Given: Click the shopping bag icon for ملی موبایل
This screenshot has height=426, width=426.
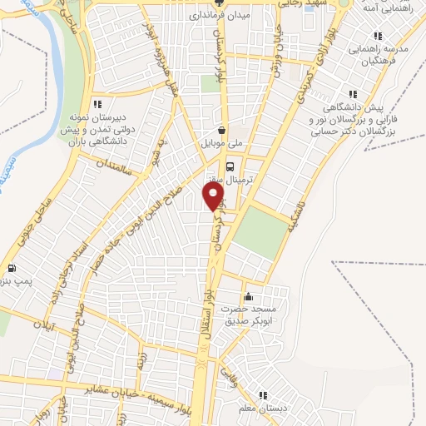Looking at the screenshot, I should click(x=221, y=130).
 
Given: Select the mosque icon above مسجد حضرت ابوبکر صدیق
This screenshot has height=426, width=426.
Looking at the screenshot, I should click(x=247, y=297).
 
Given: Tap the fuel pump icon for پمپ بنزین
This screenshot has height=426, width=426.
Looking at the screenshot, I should click(x=12, y=269).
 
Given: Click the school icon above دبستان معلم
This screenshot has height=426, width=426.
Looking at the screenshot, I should click(x=263, y=395).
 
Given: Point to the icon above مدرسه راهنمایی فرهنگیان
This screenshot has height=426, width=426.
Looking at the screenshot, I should click(x=379, y=37).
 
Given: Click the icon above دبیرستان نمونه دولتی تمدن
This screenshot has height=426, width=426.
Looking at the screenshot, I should click(x=97, y=105).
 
